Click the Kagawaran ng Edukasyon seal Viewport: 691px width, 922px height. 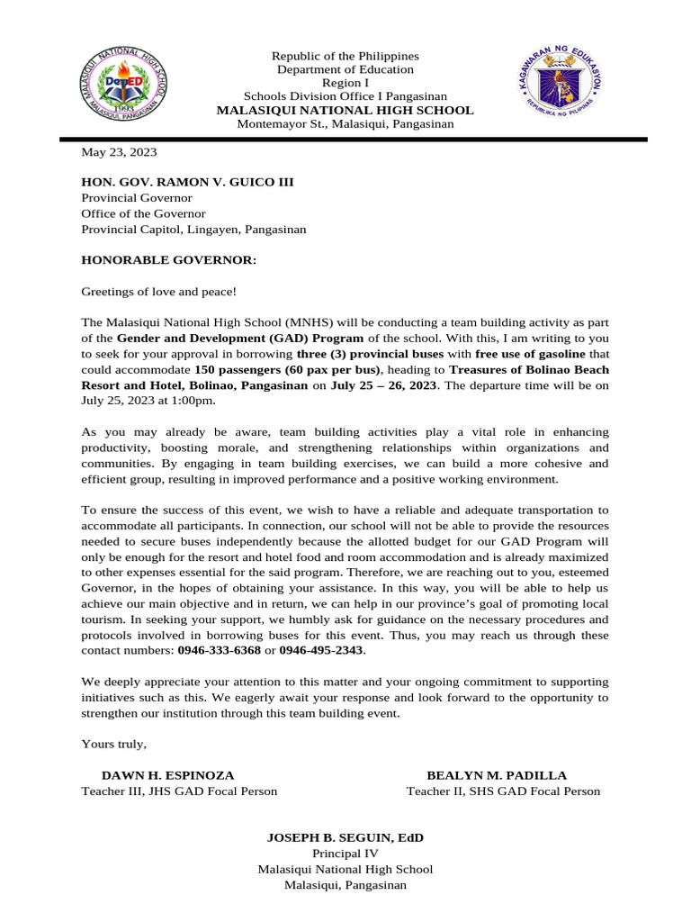click(x=560, y=87)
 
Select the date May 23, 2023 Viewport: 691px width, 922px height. click(x=119, y=152)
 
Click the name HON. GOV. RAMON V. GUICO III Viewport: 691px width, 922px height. click(x=187, y=182)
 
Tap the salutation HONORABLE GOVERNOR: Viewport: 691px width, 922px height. click(x=169, y=260)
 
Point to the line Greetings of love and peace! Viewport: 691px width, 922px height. click(x=159, y=292)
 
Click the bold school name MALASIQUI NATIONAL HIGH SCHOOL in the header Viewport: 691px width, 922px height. click(x=345, y=110)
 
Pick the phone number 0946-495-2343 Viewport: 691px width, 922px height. click(x=321, y=650)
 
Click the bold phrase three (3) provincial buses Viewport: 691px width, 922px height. click(x=370, y=354)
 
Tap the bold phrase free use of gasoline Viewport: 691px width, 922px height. click(x=530, y=354)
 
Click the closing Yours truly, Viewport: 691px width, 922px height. click(x=113, y=744)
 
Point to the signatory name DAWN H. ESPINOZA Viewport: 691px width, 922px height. click(x=167, y=775)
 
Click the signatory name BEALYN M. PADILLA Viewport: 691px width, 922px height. click(x=497, y=775)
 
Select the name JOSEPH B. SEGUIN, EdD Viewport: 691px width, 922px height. click(x=345, y=837)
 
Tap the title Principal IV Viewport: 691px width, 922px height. click(x=345, y=854)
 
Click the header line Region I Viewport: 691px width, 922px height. click(x=345, y=83)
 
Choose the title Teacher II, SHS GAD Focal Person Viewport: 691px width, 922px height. click(x=503, y=791)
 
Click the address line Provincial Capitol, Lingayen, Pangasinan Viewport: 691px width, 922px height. click(x=193, y=230)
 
